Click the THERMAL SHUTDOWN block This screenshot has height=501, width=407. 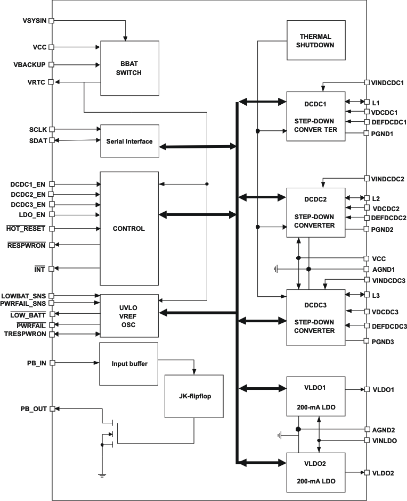click(315, 41)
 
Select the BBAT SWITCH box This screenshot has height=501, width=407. click(129, 68)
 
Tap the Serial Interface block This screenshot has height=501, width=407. click(129, 141)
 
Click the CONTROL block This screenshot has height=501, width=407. click(129, 229)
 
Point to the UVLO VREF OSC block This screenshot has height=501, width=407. click(129, 315)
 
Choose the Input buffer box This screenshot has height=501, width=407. click(129, 364)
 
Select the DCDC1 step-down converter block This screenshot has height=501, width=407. click(315, 116)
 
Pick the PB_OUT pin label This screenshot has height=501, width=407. click(33, 409)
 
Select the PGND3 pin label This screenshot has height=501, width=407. click(383, 341)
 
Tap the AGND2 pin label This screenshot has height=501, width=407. click(383, 429)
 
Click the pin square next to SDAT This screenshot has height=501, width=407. click(51, 140)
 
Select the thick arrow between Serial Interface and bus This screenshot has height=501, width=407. click(197, 146)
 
